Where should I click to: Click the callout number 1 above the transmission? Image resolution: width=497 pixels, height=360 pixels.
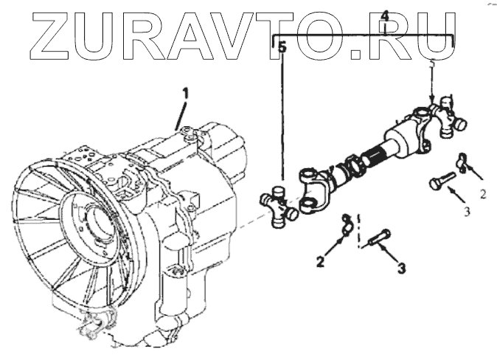(187, 94)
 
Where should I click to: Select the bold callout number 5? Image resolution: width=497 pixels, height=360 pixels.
(282, 47)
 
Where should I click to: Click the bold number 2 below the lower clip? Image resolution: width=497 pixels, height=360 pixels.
(321, 260)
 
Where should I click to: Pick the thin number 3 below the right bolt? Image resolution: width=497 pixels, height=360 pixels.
(466, 212)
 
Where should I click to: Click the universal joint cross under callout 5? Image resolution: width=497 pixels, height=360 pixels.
(278, 204)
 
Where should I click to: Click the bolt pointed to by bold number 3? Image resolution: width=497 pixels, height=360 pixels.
(380, 239)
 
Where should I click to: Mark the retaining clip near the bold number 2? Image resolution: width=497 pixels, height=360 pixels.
(341, 226)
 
